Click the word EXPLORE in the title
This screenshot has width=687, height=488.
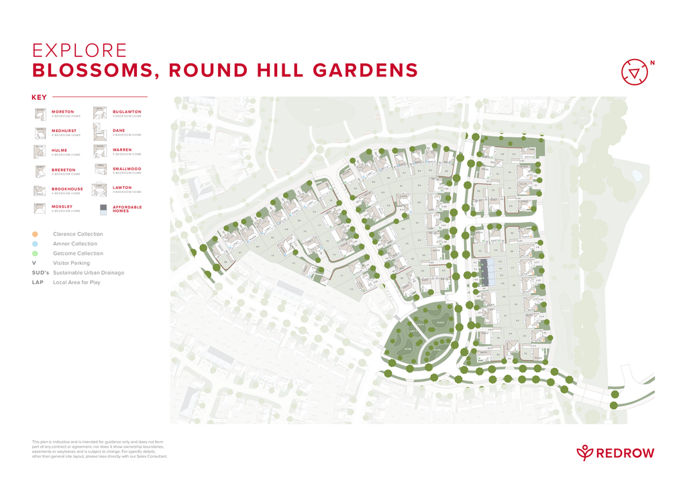pos(80,51)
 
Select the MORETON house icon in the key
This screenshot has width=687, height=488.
pos(40,114)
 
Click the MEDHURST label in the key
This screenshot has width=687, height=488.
pos(63,131)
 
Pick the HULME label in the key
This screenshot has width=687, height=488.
pos(60,150)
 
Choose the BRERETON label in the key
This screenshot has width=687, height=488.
pos(64,170)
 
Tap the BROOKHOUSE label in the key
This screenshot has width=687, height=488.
pos(67,189)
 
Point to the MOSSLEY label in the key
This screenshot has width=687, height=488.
pos(62,206)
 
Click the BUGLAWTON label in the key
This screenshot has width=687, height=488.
pos(127,111)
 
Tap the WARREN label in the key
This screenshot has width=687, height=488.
pos(122,150)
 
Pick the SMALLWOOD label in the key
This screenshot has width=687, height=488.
pos(127,169)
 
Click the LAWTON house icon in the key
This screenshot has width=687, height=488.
pos(99,190)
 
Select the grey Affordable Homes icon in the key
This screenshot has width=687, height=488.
pos(103,209)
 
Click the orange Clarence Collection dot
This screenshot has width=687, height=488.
pos(35,234)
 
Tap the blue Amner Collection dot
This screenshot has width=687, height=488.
pos(35,244)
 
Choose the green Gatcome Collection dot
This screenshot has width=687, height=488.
pos(35,253)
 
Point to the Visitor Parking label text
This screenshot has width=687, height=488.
pos(71,263)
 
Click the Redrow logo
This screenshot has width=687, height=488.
pos(615,452)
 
